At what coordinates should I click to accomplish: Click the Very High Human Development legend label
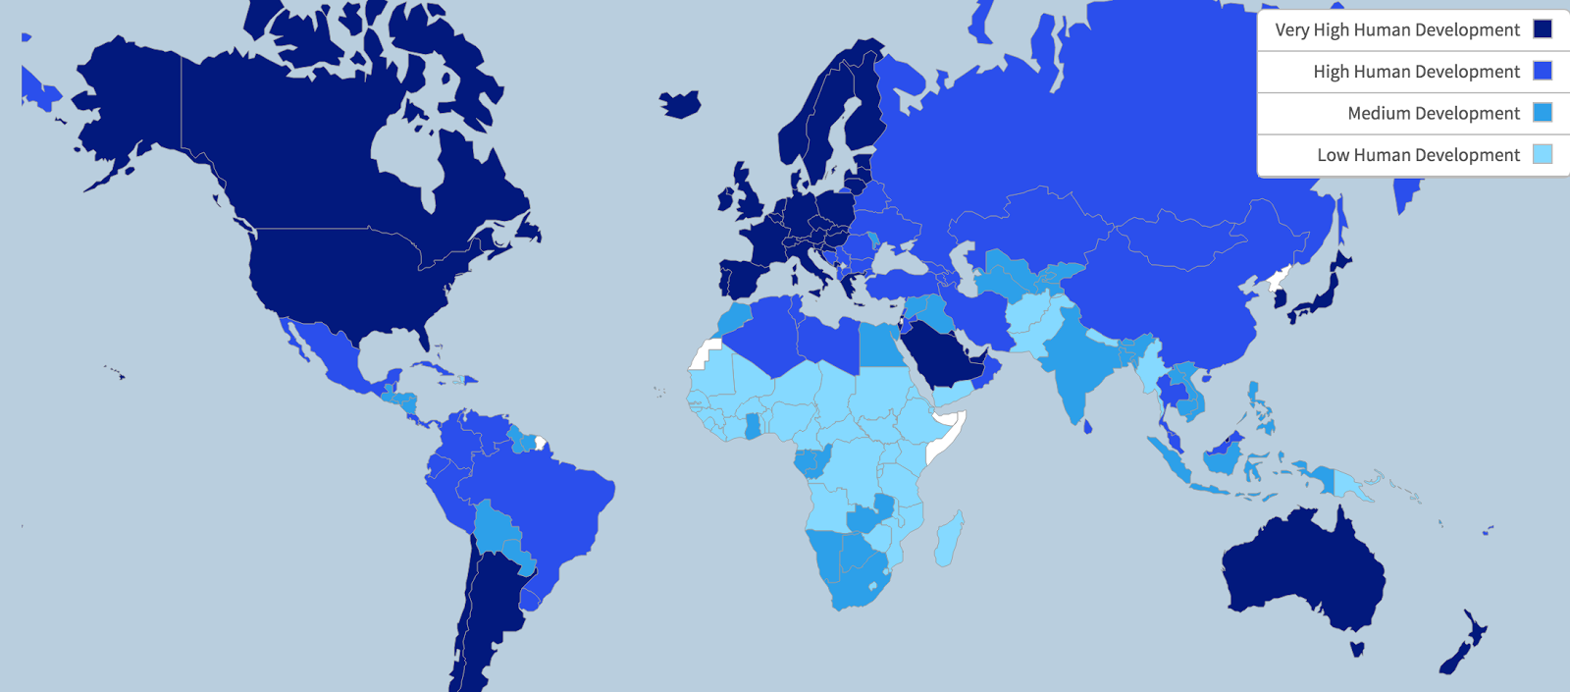coord(1396,30)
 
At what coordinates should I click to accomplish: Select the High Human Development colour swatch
coord(1543,71)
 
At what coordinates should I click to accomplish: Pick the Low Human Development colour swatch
coord(1543,154)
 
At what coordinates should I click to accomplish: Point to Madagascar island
coord(947,540)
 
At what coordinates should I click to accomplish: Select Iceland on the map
coord(679,103)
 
